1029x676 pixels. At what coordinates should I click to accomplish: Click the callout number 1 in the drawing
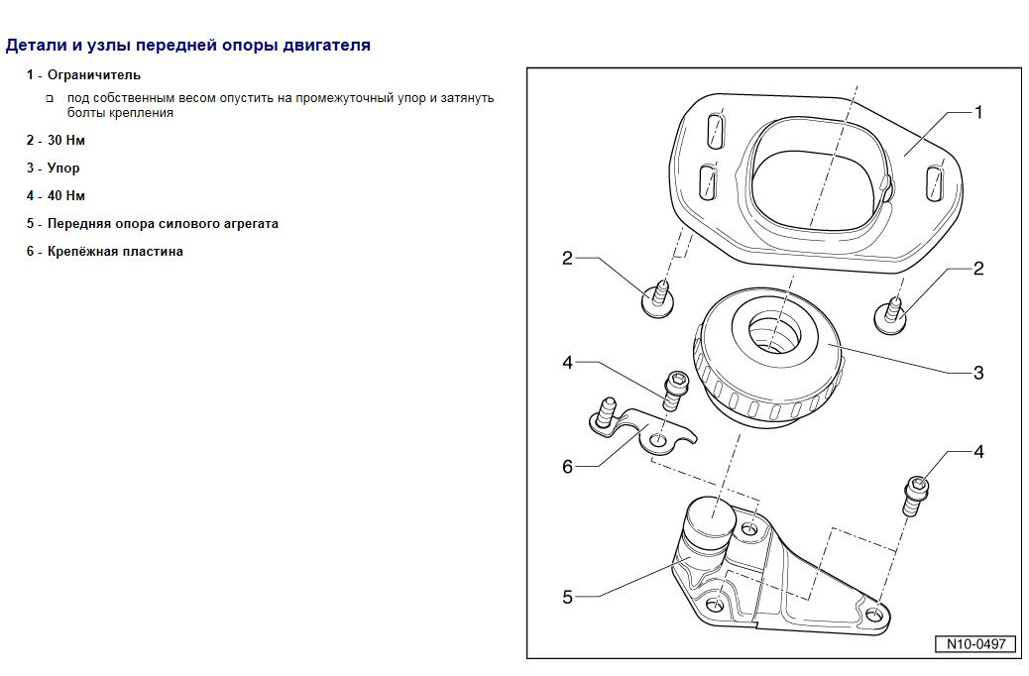[x=978, y=113]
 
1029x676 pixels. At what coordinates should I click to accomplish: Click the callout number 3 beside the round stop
[x=978, y=373]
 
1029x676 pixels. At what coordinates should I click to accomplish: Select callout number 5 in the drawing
[x=567, y=597]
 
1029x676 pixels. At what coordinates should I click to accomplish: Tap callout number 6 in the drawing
[x=567, y=466]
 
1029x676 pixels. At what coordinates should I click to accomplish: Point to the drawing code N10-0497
[x=975, y=644]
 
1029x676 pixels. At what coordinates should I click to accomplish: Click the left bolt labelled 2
[x=657, y=298]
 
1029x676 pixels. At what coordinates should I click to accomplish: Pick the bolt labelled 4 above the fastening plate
[x=674, y=392]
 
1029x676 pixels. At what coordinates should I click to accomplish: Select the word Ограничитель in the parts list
[x=94, y=74]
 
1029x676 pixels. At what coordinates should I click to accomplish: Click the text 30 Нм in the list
[x=66, y=140]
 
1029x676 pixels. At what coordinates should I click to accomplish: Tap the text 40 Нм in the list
[x=66, y=195]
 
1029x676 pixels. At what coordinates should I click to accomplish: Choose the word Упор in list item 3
[x=63, y=168]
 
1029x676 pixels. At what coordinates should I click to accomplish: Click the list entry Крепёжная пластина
[x=115, y=251]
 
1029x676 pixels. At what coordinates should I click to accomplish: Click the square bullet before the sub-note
[x=50, y=99]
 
